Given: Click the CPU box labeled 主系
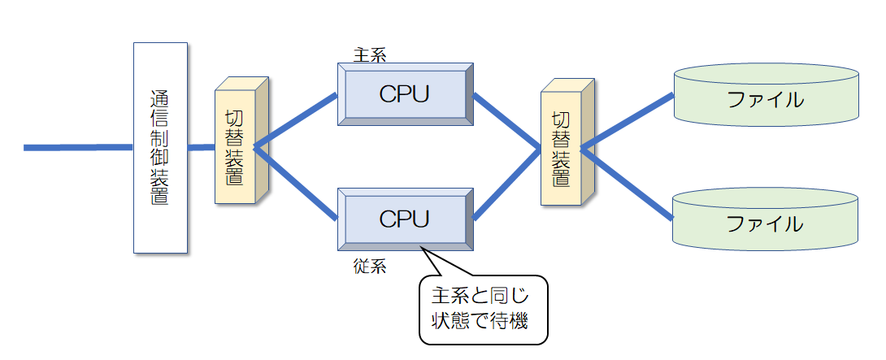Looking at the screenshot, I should (x=404, y=93).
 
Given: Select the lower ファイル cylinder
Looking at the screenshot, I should (x=766, y=221).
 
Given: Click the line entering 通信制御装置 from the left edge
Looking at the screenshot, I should (x=77, y=147).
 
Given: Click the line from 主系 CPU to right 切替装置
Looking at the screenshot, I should (x=506, y=122).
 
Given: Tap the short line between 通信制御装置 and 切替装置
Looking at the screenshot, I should (x=202, y=147).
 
